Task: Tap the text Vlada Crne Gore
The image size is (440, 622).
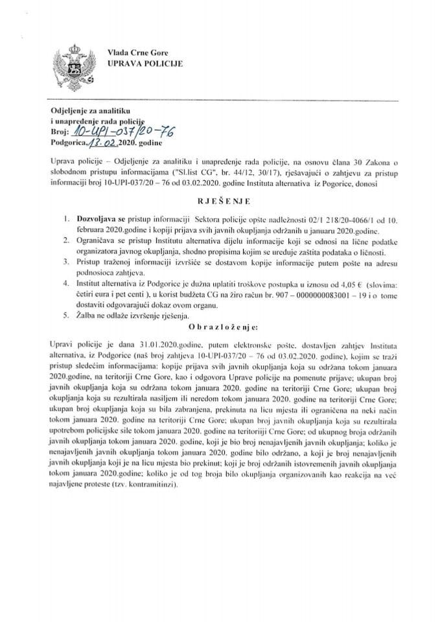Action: click(x=128, y=51)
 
